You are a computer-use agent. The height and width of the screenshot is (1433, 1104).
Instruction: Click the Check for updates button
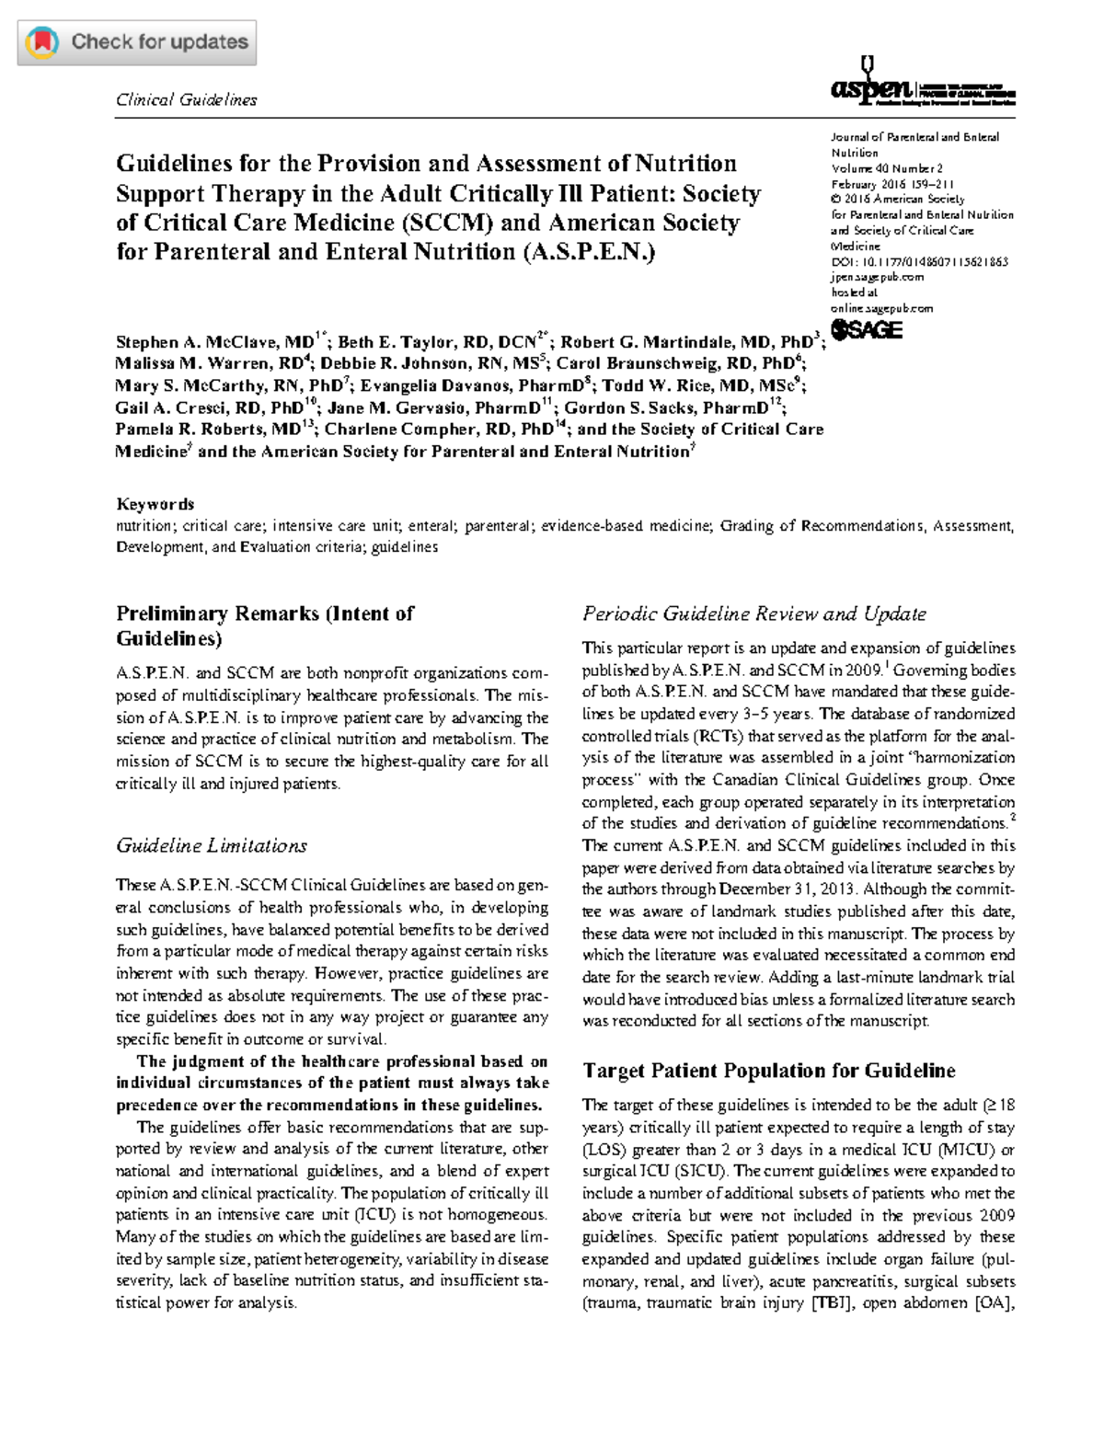137,42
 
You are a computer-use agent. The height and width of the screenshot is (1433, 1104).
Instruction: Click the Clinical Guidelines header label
186,100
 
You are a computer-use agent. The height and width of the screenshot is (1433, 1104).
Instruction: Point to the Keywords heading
155,504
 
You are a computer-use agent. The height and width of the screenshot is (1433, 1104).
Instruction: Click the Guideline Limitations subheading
211,845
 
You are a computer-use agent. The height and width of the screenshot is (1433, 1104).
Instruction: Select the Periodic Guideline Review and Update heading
754,613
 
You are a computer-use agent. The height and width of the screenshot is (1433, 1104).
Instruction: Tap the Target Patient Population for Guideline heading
769,1071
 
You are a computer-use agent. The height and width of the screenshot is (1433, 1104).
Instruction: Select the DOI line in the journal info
919,262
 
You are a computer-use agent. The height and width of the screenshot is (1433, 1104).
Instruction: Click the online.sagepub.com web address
881,308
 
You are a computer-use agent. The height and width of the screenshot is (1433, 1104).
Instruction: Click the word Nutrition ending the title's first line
686,164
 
